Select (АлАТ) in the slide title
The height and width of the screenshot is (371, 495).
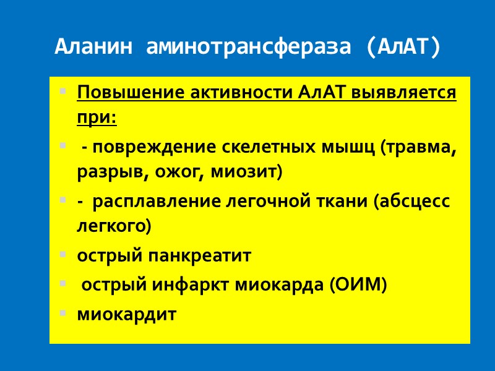point(403,48)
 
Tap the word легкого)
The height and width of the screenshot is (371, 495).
point(113,226)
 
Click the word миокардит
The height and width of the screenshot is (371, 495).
point(126,314)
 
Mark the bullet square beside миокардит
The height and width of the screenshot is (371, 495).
point(62,313)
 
